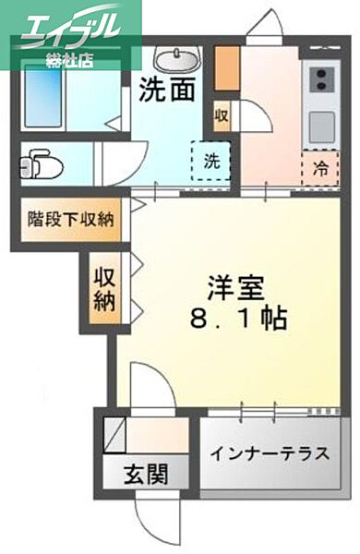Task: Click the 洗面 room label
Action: point(168,90)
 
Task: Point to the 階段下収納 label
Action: point(70,220)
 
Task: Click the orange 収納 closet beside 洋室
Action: point(103,288)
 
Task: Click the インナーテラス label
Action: point(270,454)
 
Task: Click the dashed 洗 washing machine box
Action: point(210,159)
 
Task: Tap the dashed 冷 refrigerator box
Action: point(318,168)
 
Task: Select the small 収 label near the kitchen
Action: point(222,115)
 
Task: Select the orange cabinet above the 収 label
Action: point(226,67)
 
